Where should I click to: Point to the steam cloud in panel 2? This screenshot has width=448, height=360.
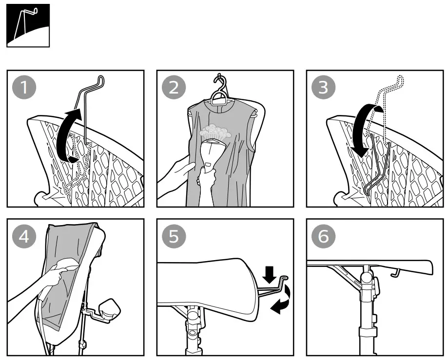coord(215,131)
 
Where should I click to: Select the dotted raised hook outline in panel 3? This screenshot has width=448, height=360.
coord(390,97)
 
